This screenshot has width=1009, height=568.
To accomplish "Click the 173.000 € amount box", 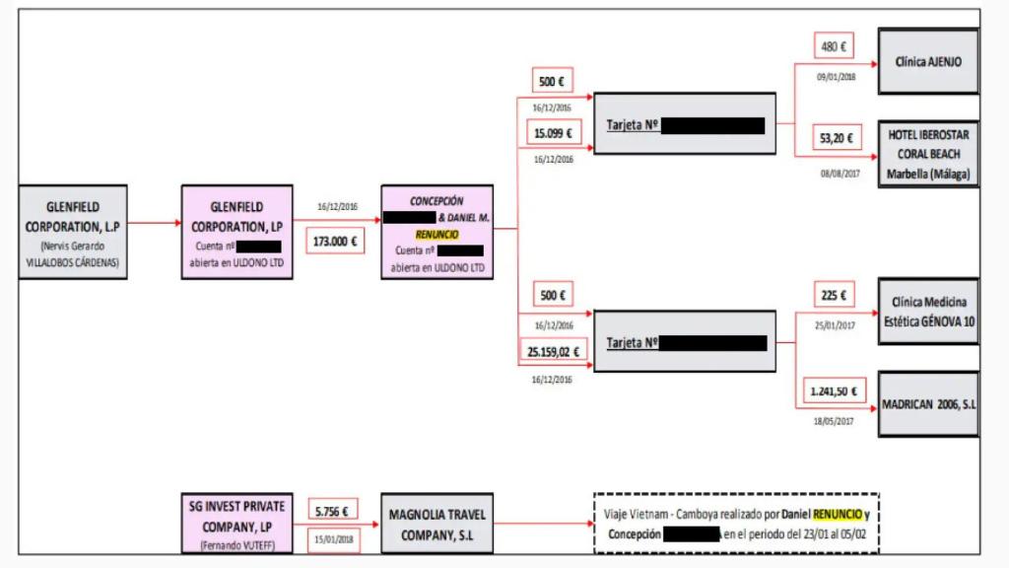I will (x=335, y=241).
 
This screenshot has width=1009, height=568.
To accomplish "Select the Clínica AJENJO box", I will (x=928, y=61).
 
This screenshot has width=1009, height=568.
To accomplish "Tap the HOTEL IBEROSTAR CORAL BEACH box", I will (x=928, y=154).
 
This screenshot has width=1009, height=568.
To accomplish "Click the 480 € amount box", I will (x=834, y=45).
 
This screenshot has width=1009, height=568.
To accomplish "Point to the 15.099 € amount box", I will (x=553, y=132).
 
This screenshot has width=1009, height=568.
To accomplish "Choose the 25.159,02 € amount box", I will (x=553, y=349).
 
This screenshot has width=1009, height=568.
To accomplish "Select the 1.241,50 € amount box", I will (x=833, y=390).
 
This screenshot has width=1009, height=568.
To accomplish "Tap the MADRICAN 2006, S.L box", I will (x=928, y=404).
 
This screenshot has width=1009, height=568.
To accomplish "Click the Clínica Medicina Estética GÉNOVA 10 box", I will (x=928, y=311).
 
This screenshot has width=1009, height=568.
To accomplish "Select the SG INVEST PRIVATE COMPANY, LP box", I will (x=236, y=523).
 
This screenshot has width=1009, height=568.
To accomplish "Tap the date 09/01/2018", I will (x=836, y=75).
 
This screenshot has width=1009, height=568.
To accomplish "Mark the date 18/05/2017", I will (x=834, y=421).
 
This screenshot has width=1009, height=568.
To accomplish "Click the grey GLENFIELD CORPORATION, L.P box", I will (x=73, y=231).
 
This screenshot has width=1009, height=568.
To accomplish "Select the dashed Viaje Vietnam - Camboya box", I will (x=736, y=524).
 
